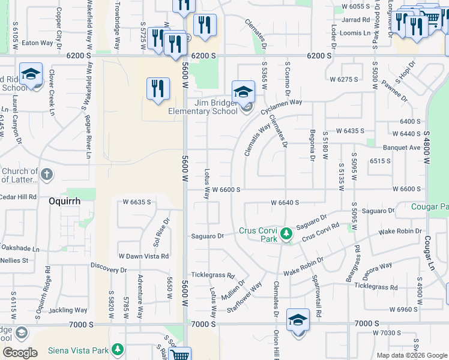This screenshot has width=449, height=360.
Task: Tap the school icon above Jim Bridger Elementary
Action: click(x=243, y=92)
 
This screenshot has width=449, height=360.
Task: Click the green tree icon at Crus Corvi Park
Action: click(x=287, y=232)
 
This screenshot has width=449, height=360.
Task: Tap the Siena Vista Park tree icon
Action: click(x=118, y=349)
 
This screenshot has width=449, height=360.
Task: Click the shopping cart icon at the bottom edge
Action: click(x=180, y=354)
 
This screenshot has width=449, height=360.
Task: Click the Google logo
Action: click(x=20, y=352)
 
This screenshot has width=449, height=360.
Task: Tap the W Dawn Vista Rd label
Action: click(x=143, y=256)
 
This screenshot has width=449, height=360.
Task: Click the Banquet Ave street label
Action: click(x=402, y=148)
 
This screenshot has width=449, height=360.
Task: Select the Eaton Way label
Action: click(x=38, y=43)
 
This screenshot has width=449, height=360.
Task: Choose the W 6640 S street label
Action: click(x=293, y=203)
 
